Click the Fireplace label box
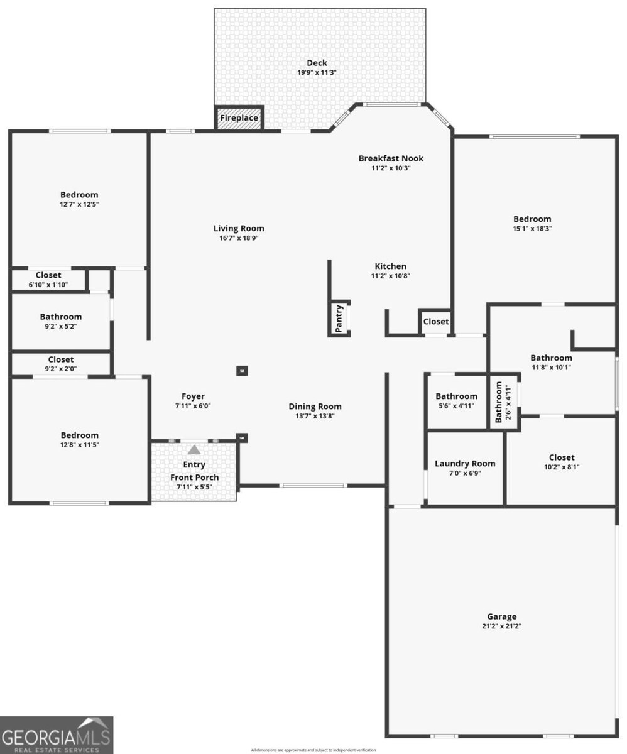point(239,118)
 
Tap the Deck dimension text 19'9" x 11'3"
point(317,73)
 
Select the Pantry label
point(339,318)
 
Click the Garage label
point(501,616)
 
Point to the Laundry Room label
point(465,464)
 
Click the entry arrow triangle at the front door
point(194,450)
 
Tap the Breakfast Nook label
point(391,158)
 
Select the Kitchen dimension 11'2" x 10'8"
point(391,276)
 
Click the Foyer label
point(193,396)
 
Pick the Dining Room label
point(315,407)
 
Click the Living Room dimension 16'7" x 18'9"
point(239,238)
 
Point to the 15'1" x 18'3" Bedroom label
point(532,219)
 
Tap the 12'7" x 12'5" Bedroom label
point(79,195)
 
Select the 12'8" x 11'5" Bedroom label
point(80,435)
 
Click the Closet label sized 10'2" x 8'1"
point(561,457)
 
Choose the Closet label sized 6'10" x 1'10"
point(48,275)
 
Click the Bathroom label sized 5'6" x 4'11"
point(456,396)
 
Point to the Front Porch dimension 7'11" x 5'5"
point(194,487)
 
